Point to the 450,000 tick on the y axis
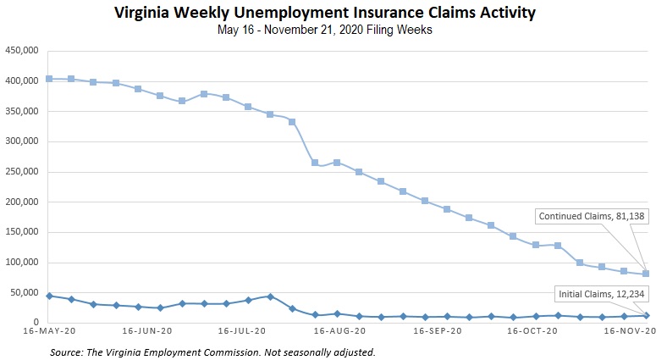point(24,51)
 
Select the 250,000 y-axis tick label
point(24,172)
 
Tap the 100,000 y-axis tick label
point(24,263)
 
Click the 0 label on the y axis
point(38,323)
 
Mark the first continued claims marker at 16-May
point(49,79)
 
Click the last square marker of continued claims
point(646,274)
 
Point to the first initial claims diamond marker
point(49,296)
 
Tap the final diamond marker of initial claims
point(646,315)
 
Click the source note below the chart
point(212,351)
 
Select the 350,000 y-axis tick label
point(24,111)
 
